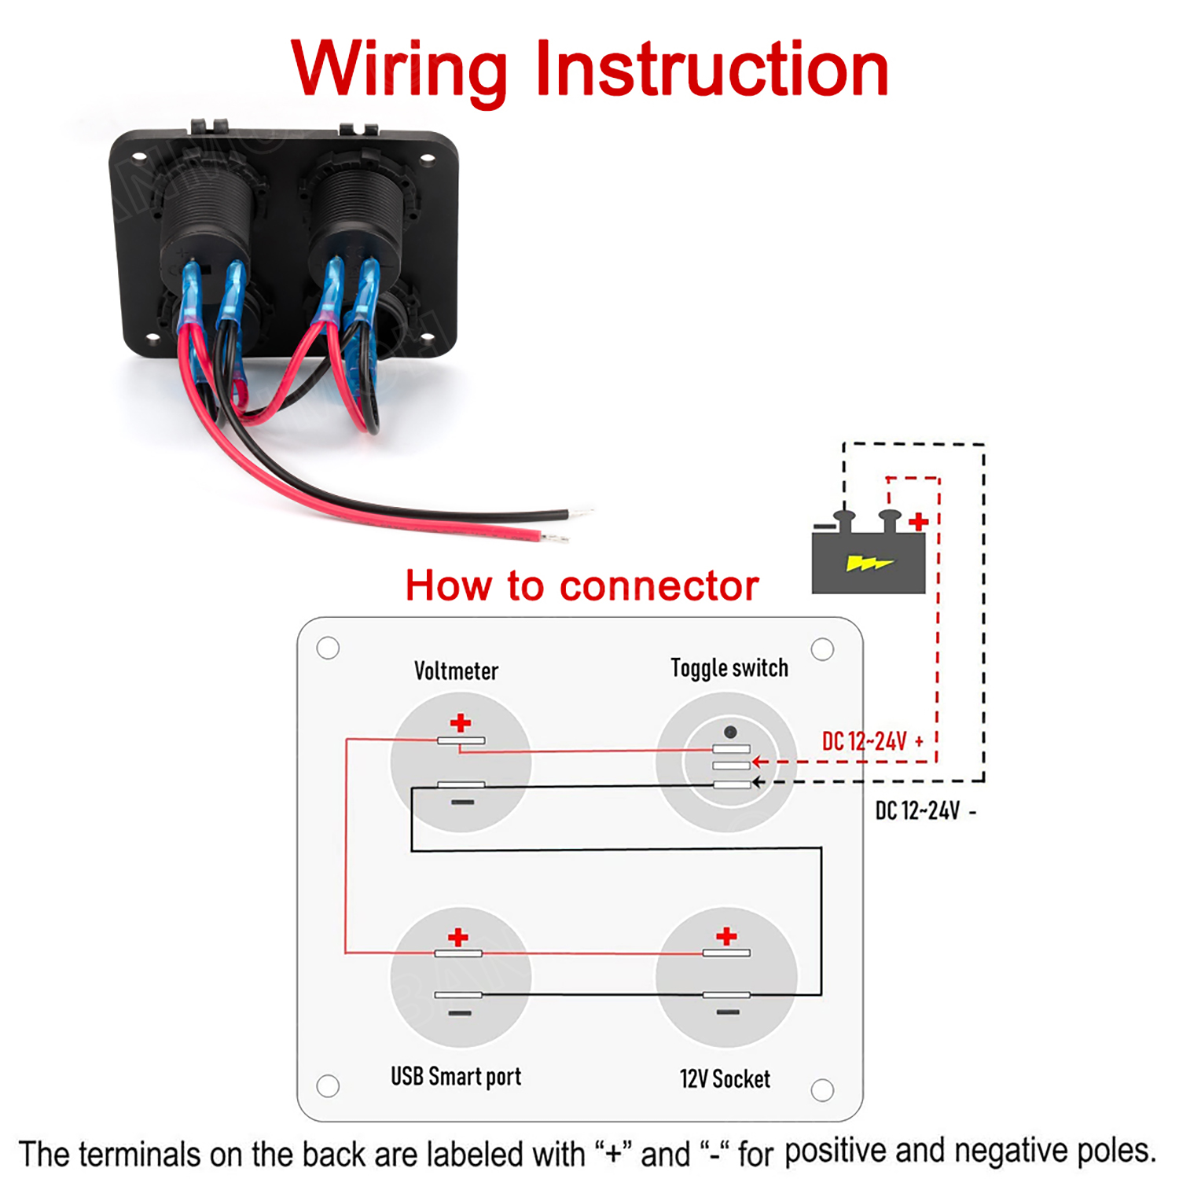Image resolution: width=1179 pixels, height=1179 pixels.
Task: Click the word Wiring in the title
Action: (399, 71)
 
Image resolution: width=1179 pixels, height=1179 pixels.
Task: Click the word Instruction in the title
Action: (711, 71)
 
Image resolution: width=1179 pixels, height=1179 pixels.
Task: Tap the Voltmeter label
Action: (456, 670)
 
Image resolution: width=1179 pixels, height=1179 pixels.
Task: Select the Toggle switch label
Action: (729, 667)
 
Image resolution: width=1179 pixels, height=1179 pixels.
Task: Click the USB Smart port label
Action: (456, 1076)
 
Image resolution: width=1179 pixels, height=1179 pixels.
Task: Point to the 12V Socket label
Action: (725, 1078)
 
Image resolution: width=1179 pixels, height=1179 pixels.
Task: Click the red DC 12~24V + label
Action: (872, 741)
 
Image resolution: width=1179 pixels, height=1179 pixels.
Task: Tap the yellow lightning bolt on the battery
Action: (868, 563)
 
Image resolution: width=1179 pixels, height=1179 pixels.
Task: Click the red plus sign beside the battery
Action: (918, 522)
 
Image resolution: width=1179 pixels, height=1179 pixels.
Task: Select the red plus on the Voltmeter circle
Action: (461, 722)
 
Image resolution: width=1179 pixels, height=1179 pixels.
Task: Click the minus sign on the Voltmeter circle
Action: (462, 802)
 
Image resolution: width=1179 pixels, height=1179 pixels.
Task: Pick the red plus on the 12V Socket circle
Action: (726, 935)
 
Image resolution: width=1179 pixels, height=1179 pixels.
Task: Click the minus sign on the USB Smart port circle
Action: (460, 1012)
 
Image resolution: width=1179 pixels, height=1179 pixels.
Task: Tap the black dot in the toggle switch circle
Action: (730, 732)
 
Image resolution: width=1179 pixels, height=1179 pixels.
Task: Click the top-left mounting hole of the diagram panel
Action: (328, 648)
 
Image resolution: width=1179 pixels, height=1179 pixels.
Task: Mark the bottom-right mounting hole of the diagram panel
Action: (822, 1090)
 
